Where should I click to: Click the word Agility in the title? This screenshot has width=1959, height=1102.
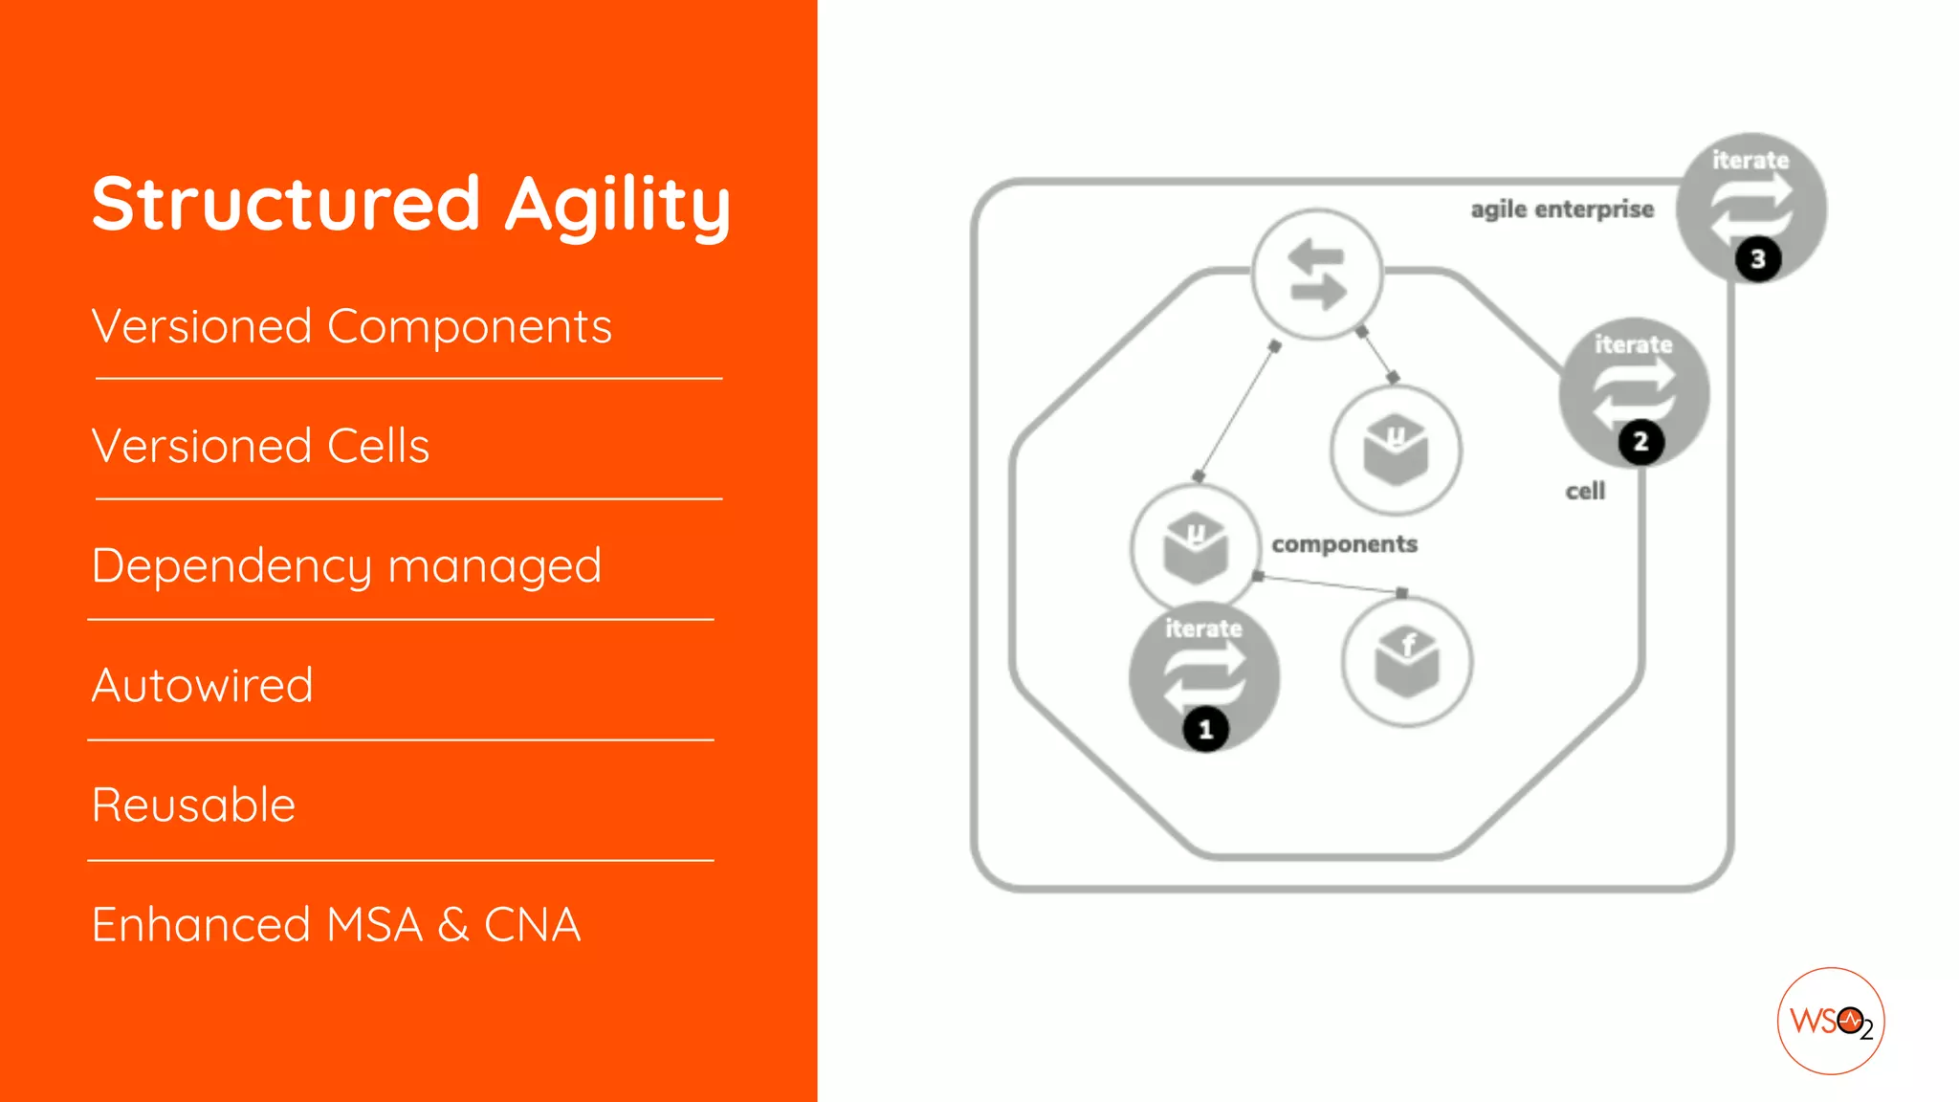pyautogui.click(x=617, y=205)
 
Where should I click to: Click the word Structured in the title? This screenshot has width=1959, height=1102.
pyautogui.click(x=285, y=204)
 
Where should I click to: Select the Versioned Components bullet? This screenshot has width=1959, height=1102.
pyautogui.click(x=351, y=327)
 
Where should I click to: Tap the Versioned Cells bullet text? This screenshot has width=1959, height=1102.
pyautogui.click(x=260, y=447)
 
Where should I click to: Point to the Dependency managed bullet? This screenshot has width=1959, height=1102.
pyautogui.click(x=346, y=566)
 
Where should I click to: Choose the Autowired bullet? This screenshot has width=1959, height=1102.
pyautogui.click(x=202, y=686)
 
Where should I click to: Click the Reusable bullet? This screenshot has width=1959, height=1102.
pyautogui.click(x=193, y=805)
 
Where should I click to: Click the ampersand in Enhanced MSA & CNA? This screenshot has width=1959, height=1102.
pyautogui.click(x=452, y=925)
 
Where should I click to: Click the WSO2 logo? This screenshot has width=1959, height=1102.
pyautogui.click(x=1830, y=1021)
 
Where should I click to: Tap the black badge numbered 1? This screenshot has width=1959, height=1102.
pyautogui.click(x=1205, y=730)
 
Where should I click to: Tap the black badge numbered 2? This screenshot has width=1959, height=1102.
pyautogui.click(x=1640, y=442)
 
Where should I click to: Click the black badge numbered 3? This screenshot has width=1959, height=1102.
pyautogui.click(x=1757, y=259)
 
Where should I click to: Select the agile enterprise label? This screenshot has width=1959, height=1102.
pyautogui.click(x=1561, y=209)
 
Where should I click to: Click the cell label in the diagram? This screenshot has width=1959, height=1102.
pyautogui.click(x=1584, y=492)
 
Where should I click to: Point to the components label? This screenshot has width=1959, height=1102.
pyautogui.click(x=1344, y=544)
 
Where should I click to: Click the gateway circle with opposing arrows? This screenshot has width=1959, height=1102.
pyautogui.click(x=1317, y=275)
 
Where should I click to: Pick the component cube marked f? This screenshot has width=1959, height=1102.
pyautogui.click(x=1406, y=662)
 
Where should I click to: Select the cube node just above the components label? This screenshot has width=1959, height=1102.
pyautogui.click(x=1396, y=451)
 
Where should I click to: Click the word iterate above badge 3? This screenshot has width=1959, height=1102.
pyautogui.click(x=1750, y=161)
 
